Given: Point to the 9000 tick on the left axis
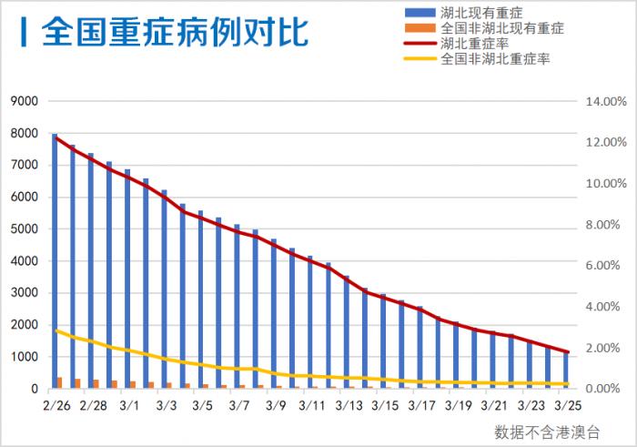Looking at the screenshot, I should pyautogui.click(x=25, y=101).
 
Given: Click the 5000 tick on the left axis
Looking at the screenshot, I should pyautogui.click(x=25, y=229).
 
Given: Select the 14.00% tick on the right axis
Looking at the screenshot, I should pyautogui.click(x=604, y=101).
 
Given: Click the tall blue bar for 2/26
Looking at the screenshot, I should pyautogui.click(x=55, y=264).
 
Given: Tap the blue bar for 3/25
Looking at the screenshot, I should pyautogui.click(x=565, y=371).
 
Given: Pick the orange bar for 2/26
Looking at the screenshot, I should pyautogui.click(x=60, y=383).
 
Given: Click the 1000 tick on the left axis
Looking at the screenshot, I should pyautogui.click(x=25, y=357).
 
